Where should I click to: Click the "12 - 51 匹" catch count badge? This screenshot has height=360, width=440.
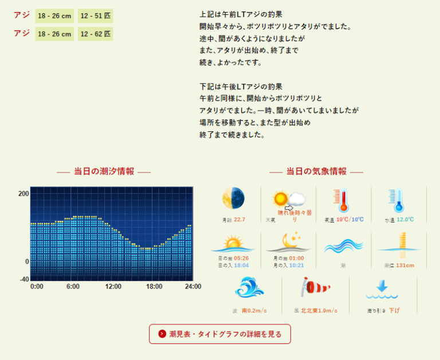(96, 16)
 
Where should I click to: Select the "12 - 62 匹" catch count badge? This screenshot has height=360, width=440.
(96, 34)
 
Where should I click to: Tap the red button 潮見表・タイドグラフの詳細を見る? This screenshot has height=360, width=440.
(220, 334)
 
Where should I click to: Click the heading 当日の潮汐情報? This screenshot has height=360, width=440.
(104, 171)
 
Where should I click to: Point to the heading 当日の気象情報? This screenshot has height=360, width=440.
(316, 171)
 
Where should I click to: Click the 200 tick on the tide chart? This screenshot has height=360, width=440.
(23, 194)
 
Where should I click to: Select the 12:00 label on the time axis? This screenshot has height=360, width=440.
(113, 287)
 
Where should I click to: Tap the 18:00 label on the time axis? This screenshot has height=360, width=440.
(154, 287)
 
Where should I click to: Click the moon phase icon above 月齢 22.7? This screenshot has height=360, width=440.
(233, 198)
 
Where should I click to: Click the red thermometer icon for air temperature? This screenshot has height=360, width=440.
(343, 201)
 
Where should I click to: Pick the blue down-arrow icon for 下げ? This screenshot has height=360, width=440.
(383, 288)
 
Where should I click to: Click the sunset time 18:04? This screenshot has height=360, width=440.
(240, 265)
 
